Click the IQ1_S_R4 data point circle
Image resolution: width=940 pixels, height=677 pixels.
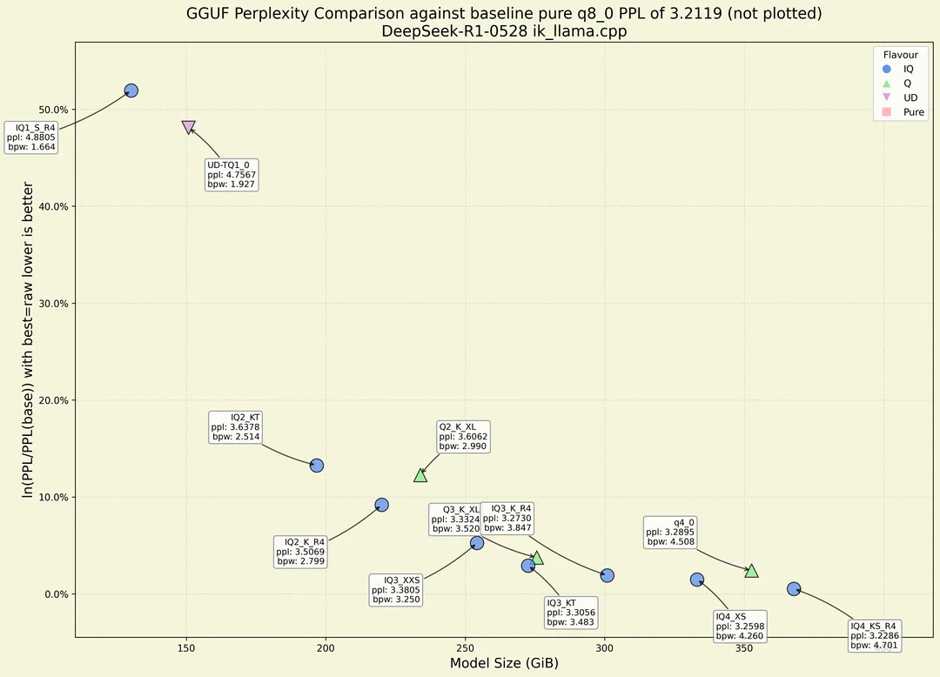coord(131,90)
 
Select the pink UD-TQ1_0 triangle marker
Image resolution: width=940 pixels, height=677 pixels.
coord(189,127)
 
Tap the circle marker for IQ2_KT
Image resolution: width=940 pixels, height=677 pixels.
coord(317,466)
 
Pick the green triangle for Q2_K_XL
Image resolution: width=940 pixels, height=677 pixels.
coord(420,475)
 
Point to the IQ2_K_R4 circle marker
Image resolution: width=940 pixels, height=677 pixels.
coord(381,505)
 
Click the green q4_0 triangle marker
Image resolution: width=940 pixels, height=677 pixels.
coord(751,571)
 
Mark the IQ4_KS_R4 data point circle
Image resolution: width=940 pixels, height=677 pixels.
coord(794,589)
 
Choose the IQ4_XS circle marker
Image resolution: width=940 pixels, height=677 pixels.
coord(697,580)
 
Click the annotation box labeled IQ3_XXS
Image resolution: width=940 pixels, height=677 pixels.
coord(397,589)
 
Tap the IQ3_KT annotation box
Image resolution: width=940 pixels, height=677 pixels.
coord(571,613)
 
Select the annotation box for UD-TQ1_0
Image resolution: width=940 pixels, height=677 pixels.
coord(231,174)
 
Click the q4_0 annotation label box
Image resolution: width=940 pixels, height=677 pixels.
coord(670,532)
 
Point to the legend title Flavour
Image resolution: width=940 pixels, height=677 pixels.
coord(900,55)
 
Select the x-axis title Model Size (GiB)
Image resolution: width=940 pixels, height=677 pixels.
coord(504,664)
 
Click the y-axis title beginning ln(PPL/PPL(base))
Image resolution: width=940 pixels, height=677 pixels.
coord(29,339)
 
